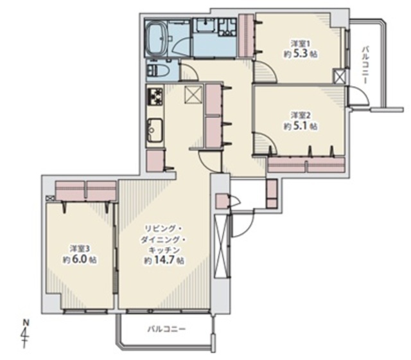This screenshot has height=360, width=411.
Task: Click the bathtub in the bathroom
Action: point(156,39)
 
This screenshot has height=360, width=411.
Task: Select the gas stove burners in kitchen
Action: point(155,96)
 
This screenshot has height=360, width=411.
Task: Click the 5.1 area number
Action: point(300,126)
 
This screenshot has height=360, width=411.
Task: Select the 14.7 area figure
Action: point(164,260)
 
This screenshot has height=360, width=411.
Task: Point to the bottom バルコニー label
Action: point(166,328)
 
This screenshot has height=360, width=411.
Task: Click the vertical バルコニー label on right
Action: point(365,65)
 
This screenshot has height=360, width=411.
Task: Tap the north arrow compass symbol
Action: point(26,333)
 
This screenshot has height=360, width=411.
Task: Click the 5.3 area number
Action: point(300,54)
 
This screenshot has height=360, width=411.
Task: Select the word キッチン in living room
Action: point(164,249)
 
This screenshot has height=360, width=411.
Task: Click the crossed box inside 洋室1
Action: point(338,76)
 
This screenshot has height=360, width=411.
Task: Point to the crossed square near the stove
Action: point(193,94)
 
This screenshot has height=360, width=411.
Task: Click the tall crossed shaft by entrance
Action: point(222,246)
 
